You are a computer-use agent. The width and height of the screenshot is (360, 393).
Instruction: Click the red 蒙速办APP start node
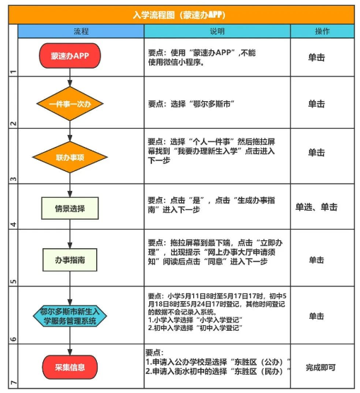[70, 56]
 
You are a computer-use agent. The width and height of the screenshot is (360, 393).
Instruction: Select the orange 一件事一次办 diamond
[70, 104]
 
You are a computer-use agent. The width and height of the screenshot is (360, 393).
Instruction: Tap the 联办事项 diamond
[70, 157]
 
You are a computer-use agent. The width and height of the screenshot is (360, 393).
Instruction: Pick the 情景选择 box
[70, 209]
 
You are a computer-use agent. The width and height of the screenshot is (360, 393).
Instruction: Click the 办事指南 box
[70, 259]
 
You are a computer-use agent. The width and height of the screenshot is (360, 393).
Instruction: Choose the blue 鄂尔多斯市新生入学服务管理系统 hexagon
[70, 316]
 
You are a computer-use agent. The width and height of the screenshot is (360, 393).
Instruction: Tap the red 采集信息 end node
[70, 367]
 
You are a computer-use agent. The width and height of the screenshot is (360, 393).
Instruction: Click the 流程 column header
[81, 31]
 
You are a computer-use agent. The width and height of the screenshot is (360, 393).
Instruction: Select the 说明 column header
[217, 31]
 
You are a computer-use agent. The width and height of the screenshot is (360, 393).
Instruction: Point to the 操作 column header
[323, 31]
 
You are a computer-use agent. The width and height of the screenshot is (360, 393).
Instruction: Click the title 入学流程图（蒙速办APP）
[179, 15]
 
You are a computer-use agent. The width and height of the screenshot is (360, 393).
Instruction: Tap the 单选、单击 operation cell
[316, 207]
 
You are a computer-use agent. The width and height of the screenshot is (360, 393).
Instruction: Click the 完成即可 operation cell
[320, 368]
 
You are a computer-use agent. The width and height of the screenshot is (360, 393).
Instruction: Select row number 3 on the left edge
[13, 179]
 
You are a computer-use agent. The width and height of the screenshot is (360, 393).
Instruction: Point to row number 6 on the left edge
[13, 339]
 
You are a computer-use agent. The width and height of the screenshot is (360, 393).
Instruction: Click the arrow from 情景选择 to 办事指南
[70, 234]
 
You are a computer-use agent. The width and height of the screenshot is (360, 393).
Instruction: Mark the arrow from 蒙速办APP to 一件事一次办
[70, 78]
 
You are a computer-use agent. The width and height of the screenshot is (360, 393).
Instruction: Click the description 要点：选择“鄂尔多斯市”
[191, 104]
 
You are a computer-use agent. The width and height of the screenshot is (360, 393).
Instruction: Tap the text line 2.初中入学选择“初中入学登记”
[195, 327]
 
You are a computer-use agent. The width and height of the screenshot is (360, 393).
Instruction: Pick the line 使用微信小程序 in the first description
[175, 62]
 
